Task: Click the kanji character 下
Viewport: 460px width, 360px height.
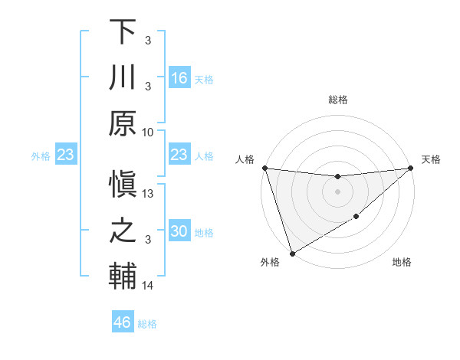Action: pos(123,33)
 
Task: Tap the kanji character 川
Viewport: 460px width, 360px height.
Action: pos(123,78)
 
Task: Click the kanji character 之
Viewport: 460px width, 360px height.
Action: pos(123,231)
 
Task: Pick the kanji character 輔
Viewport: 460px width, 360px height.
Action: pos(123,277)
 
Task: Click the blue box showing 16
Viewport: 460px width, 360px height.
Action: pos(179,78)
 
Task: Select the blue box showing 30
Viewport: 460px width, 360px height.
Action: pos(179,231)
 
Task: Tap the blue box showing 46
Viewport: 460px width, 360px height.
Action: pos(123,322)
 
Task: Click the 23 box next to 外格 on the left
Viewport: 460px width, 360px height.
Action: pos(66,155)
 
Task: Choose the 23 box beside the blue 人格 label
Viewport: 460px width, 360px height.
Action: pos(179,155)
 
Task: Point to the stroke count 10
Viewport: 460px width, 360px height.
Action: pos(148,132)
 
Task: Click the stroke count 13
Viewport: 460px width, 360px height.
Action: pos(149,195)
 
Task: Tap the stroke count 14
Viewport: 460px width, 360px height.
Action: pos(148,286)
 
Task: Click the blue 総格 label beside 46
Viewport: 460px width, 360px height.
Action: pos(147,324)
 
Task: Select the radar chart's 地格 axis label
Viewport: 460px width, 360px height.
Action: pos(402,263)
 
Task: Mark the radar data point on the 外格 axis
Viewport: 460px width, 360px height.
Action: pos(292,253)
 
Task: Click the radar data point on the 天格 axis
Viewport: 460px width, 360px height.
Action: pos(411,168)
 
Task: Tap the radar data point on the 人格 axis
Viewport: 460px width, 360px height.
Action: pos(264,168)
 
